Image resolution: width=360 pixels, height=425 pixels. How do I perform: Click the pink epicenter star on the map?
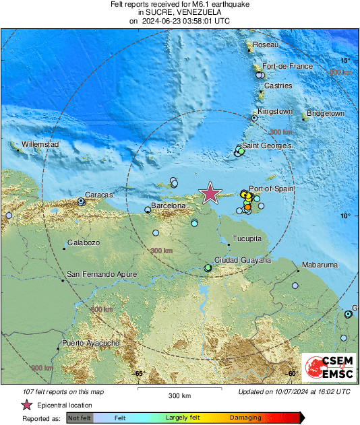pos(211,193)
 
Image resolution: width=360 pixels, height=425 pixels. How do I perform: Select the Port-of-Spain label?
pos(272,189)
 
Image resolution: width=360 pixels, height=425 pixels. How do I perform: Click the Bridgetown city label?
pos(326,114)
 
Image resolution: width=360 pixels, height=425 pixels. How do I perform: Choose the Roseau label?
pos(265,44)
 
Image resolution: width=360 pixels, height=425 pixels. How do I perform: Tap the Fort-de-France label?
pos(287,67)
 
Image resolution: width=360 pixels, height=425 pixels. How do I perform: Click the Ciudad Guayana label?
pos(243,260)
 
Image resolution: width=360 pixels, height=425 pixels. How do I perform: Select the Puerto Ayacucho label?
pos(91,344)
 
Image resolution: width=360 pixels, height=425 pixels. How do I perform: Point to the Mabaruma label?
pos(320,265)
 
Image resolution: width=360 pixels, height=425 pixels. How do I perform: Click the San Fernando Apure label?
pos(102,274)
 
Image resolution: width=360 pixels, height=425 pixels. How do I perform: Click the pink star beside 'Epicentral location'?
pos(26,405)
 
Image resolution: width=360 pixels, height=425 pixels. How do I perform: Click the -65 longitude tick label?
pos(139,373)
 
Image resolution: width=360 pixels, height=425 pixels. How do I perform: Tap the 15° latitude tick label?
pos(344,60)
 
